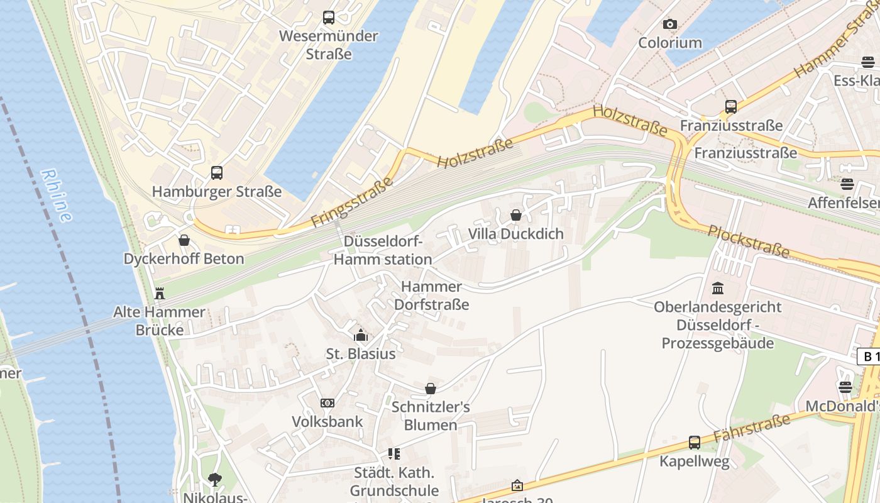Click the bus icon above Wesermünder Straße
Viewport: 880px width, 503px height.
coord(329,18)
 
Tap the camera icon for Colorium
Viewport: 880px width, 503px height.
coord(670,25)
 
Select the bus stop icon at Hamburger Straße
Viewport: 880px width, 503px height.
coord(217,172)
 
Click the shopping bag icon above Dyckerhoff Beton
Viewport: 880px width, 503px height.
coord(184,240)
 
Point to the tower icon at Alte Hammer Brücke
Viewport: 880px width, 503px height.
coord(160,293)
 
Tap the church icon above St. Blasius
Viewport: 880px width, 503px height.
coord(361,335)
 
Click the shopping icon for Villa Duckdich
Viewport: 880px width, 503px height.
coord(515,215)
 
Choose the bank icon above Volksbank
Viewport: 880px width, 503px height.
coord(327,403)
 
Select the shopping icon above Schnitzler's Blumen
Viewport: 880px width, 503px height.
coord(431,389)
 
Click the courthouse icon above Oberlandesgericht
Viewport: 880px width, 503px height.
coord(717,289)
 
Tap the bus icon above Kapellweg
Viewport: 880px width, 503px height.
coord(694,443)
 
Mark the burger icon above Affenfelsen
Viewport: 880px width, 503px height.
coord(847,184)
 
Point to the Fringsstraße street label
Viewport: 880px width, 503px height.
coord(352,202)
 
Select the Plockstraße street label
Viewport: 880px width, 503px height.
coord(748,241)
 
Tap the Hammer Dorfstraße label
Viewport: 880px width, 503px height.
coord(431,296)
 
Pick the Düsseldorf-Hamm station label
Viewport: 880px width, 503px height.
coord(382,250)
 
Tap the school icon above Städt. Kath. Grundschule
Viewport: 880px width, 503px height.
coord(394,454)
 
